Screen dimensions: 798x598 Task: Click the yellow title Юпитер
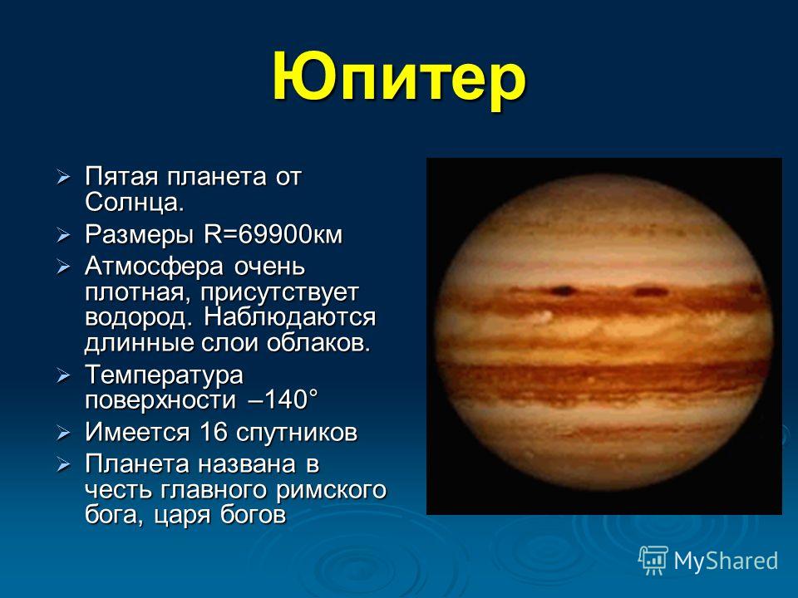tap(398, 80)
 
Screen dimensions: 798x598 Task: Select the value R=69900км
tap(273, 234)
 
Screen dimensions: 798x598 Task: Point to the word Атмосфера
tap(154, 267)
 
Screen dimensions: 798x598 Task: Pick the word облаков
tap(319, 343)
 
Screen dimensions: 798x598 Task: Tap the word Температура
tap(164, 375)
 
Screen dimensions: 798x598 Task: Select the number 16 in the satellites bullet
tap(214, 432)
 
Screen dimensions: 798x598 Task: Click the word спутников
tap(297, 434)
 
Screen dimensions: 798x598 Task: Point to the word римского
tap(331, 490)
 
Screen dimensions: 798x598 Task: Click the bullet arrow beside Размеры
tap(63, 235)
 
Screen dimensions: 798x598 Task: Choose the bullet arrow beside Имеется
tap(63, 434)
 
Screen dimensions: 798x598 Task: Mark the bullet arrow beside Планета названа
tap(63, 465)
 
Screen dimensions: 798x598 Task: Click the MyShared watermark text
tap(726, 561)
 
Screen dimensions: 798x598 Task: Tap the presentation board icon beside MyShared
tap(653, 560)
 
